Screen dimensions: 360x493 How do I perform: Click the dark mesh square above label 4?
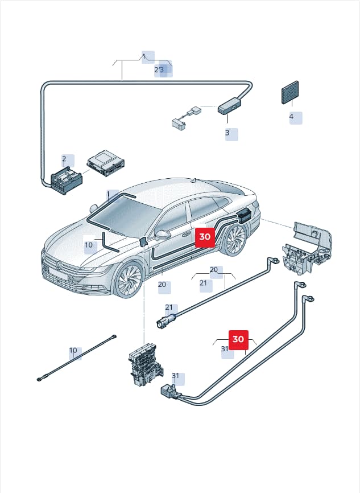[289, 92]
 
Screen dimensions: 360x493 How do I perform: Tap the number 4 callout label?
[292, 117]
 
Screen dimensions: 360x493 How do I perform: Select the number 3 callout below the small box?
[227, 133]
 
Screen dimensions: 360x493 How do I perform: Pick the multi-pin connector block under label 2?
[66, 182]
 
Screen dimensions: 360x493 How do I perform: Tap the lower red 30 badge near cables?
[238, 340]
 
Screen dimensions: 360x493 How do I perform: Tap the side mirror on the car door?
[162, 235]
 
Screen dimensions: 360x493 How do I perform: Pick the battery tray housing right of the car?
[307, 248]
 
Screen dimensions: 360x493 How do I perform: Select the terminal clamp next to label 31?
[169, 392]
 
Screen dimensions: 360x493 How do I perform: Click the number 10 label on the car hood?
[89, 245]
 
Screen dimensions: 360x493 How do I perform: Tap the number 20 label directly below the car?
[162, 285]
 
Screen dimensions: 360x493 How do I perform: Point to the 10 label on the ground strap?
[73, 350]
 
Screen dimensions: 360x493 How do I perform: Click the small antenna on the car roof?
[195, 180]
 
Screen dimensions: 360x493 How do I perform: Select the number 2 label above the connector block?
[64, 159]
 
